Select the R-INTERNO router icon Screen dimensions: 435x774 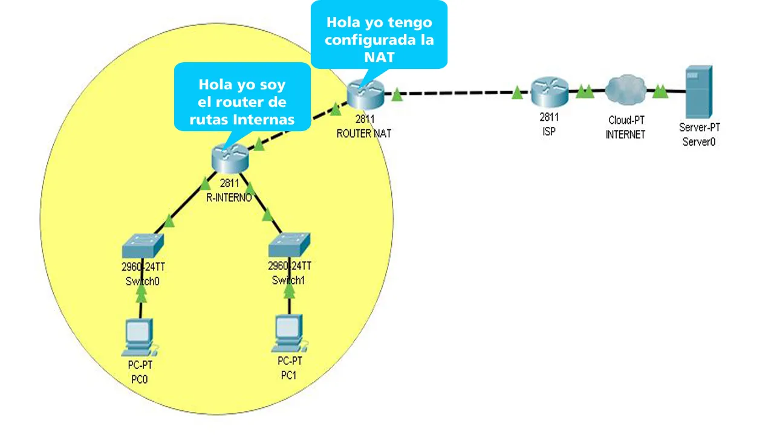[230, 159]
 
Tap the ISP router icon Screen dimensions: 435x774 [549, 92]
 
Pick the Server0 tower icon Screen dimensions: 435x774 [698, 92]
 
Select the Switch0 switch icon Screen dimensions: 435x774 [142, 246]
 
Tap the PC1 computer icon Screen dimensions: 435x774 [289, 335]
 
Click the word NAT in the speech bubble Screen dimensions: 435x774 [379, 57]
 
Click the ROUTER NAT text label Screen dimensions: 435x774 [364, 134]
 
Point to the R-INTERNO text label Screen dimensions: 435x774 [229, 197]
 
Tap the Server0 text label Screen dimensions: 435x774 [699, 142]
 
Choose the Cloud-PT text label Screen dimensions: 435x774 [625, 120]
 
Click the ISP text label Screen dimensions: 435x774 [548, 132]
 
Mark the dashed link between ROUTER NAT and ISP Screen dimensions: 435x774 [460, 94]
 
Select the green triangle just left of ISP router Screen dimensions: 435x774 [518, 93]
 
